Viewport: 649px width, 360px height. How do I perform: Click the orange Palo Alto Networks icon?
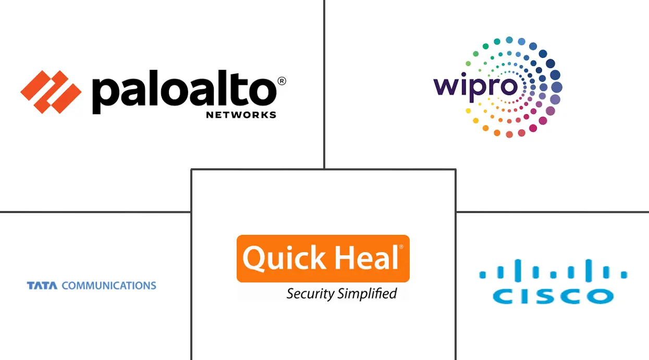pos(51,92)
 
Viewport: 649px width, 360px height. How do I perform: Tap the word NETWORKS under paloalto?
pos(241,115)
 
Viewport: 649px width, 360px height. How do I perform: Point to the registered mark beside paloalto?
pos(281,81)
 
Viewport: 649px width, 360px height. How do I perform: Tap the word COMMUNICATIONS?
pos(109,285)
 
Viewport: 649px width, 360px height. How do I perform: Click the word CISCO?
pos(553,296)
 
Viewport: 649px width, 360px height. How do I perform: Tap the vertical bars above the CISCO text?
pos(553,271)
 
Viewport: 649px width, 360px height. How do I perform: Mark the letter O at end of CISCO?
pos(601,296)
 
